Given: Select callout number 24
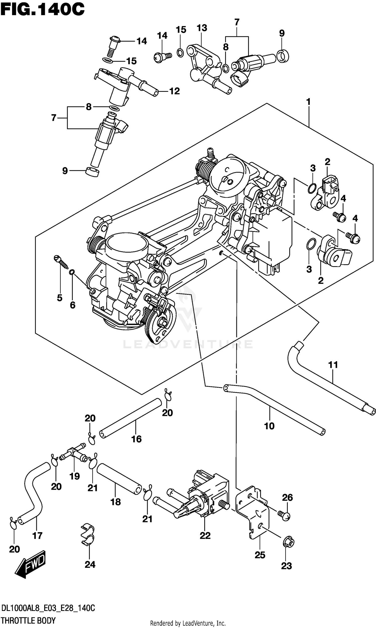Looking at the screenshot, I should (x=90, y=565).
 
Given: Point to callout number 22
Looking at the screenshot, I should (x=205, y=536).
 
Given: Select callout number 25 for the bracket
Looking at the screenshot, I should (x=260, y=555).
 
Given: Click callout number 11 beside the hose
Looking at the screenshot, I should (x=333, y=365).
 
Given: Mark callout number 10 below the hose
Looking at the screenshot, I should (x=269, y=426).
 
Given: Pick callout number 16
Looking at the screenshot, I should (x=136, y=439).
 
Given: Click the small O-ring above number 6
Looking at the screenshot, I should (x=72, y=272).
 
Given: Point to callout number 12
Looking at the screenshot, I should (x=174, y=91).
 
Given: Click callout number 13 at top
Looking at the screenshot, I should (x=202, y=28).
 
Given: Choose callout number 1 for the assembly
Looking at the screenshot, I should (x=308, y=102).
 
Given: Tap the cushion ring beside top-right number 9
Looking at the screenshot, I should (x=283, y=56).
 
